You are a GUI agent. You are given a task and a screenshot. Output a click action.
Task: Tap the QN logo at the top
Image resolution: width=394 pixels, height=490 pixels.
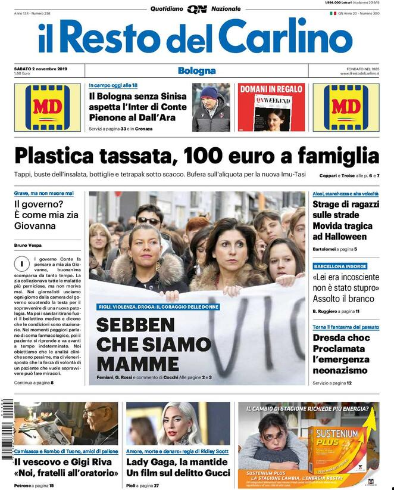196,9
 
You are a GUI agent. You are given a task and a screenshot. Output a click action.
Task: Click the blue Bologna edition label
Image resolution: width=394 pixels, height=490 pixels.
196,71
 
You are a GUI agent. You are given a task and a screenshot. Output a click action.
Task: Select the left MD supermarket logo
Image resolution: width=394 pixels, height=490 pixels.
47,107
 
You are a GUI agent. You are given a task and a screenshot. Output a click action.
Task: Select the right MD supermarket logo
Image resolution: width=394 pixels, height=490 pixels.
346,107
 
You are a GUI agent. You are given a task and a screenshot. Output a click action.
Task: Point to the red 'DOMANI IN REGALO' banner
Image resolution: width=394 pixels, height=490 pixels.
270,89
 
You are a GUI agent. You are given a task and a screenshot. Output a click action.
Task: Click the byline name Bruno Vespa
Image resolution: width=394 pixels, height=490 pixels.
31,245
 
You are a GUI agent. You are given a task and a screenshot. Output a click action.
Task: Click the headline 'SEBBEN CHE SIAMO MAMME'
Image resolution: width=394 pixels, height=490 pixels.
153,344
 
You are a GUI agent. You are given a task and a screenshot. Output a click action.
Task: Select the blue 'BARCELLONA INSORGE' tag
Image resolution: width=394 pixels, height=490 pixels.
340,266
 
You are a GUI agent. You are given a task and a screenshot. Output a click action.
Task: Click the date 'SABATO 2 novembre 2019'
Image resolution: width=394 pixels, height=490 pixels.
40,69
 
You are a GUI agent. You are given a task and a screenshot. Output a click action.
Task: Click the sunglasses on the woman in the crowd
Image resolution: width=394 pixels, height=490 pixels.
148,221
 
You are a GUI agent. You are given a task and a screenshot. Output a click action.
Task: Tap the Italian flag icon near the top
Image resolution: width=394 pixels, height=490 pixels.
332,13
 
